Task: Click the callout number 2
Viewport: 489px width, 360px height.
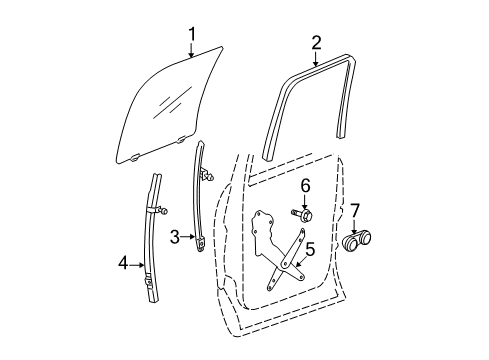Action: point(316,42)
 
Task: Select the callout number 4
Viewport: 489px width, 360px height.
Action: point(123,265)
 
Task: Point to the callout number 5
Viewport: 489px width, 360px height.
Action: point(309,251)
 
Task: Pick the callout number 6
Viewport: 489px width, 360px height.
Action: point(306,185)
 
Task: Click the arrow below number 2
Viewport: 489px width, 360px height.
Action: point(316,58)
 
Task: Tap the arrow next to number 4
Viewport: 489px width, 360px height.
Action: point(138,265)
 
